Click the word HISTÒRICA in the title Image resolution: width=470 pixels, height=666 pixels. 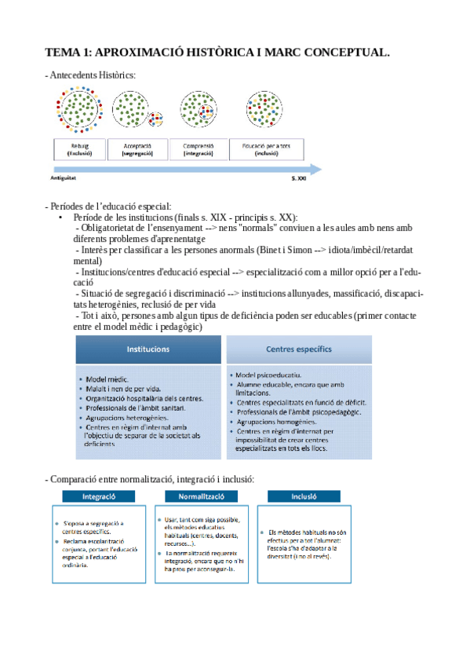[x=204, y=53]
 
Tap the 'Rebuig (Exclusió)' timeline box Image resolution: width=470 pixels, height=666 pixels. [x=79, y=150]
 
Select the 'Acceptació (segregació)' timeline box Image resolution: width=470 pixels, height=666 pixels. [x=137, y=150]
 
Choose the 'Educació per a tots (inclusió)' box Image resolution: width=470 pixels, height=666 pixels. [x=267, y=150]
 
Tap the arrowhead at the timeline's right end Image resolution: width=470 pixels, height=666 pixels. [x=315, y=168]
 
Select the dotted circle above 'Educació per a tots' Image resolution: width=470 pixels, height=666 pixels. [x=266, y=109]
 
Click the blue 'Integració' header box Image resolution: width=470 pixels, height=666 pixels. [x=99, y=497]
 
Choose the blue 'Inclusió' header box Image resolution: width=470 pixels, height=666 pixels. [x=303, y=497]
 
